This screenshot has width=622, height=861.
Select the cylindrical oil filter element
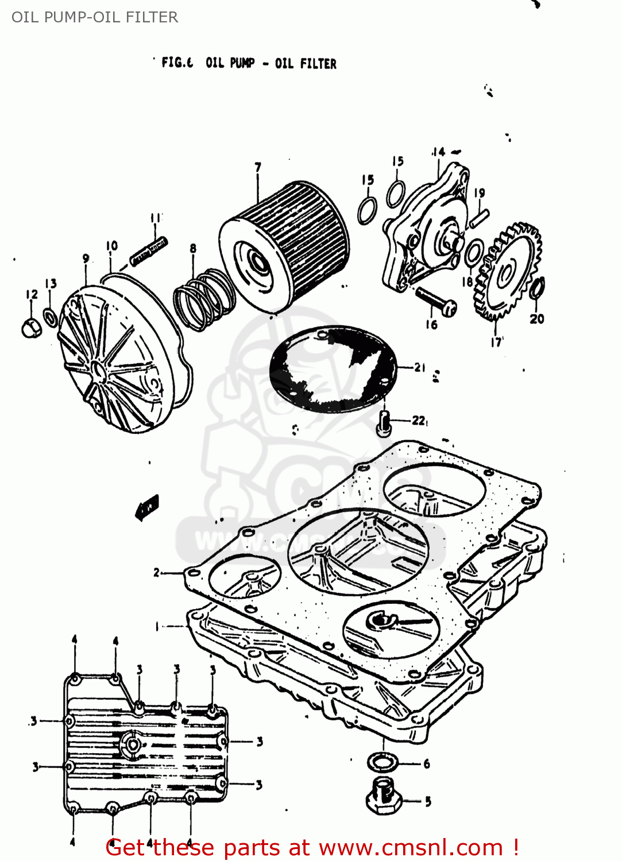284,247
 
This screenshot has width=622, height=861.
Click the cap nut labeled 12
30,329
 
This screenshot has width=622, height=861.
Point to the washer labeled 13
51,317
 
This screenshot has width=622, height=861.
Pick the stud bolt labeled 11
149,251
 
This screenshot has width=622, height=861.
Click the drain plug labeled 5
384,797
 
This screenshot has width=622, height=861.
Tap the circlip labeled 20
538,288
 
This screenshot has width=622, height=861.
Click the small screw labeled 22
384,422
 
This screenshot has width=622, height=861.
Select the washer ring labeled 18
474,253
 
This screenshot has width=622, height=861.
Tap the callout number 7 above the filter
258,167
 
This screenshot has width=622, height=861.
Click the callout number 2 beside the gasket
156,572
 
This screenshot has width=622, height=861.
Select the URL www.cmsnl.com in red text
411,847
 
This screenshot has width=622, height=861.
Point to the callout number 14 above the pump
438,152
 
